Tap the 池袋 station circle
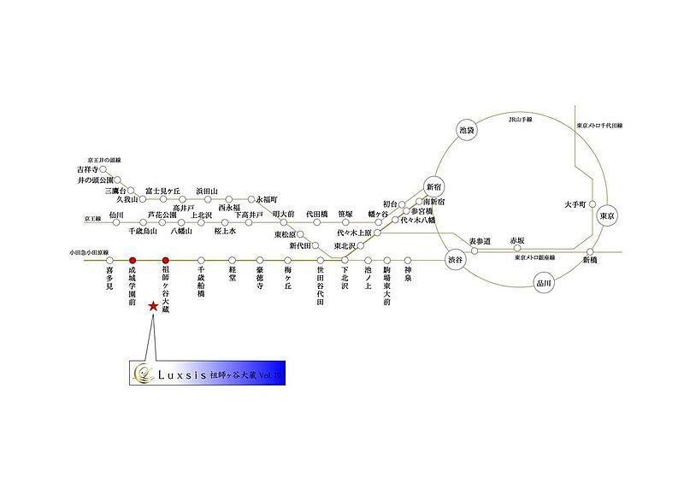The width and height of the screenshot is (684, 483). point(466,130)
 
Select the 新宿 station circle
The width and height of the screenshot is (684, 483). point(434,187)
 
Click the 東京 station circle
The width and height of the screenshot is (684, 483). point(608,217)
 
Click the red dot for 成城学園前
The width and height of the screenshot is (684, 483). point(133,260)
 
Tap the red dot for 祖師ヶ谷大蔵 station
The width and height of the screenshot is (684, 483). point(165,260)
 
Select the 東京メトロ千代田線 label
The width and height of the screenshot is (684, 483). point(599,126)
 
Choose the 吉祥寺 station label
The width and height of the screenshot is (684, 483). point(88,170)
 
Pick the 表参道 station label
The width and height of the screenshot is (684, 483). point(481,242)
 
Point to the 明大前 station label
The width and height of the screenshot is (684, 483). point(284,213)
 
